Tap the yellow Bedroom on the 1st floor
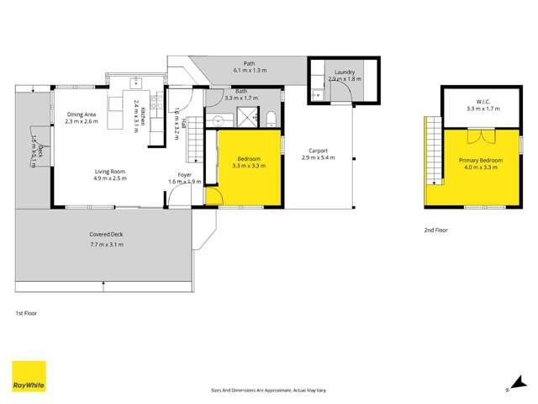click(248, 168)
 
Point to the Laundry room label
click(345, 72)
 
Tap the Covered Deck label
click(107, 236)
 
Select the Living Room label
click(109, 171)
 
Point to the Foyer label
click(185, 175)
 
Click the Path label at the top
click(249, 63)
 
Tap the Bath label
click(241, 91)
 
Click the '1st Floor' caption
click(26, 312)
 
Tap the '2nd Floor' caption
click(436, 229)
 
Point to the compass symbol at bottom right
click(506, 389)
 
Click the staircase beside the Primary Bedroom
click(434, 151)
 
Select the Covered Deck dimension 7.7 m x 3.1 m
click(107, 244)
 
